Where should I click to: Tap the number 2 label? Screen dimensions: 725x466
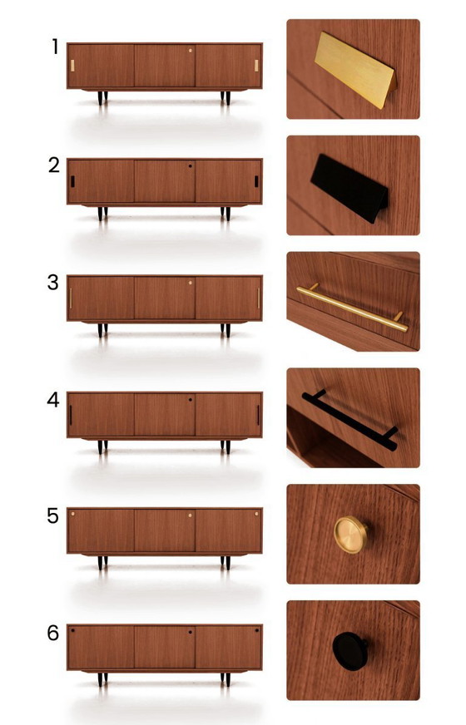pos(54,165)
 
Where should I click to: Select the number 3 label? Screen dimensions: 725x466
pos(53,282)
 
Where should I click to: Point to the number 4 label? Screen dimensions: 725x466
pos(53,399)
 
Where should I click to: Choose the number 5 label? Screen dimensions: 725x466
pos(53,516)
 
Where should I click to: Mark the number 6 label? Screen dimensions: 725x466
pos(53,634)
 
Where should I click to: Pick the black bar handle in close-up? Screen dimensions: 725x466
pos(349,420)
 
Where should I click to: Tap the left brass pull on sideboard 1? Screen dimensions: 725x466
pos(73,65)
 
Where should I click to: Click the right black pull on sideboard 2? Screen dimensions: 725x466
pos(256,181)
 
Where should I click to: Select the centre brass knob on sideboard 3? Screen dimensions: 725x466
pos(190,283)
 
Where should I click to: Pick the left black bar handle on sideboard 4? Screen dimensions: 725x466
pos(72,415)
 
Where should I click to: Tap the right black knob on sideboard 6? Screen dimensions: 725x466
pos(256,632)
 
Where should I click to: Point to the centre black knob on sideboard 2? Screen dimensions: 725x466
pos(190,166)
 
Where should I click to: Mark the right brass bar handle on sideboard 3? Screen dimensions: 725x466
pos(258,298)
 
